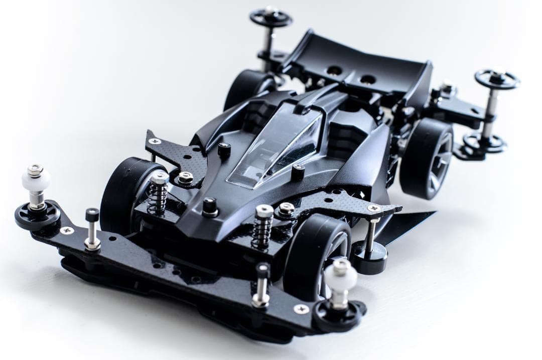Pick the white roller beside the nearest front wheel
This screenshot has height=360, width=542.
[x=341, y=276]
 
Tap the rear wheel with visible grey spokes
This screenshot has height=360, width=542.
[x=427, y=158]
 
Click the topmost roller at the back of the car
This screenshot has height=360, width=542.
[x=271, y=18]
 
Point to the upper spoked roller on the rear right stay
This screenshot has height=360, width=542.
[x=497, y=79]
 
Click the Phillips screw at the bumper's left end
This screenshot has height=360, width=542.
[x=66, y=230]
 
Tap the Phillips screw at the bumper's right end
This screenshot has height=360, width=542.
[x=301, y=309]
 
